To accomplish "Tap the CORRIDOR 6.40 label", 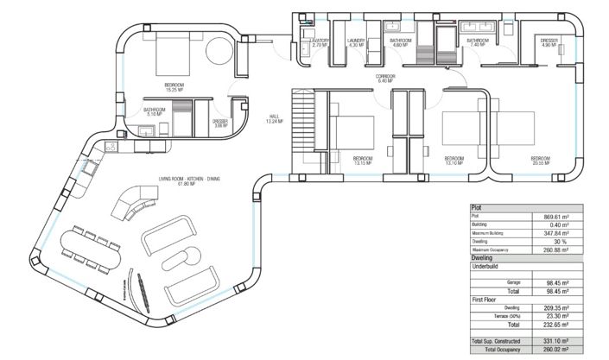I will (385, 79).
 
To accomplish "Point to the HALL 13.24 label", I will (275, 119).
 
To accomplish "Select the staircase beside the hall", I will (306, 122).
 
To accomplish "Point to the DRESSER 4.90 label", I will (550, 42).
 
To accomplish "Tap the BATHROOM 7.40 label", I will (479, 42).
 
